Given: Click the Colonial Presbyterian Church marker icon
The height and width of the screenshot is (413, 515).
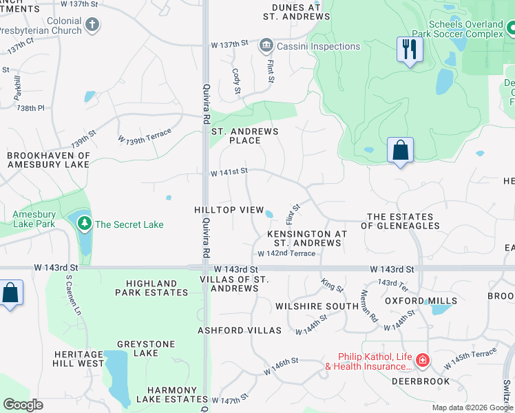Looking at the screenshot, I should click(92, 26).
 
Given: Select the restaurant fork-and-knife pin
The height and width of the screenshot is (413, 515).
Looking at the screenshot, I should click(410, 50).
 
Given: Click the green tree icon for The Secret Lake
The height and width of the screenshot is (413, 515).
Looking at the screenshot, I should click(84, 224).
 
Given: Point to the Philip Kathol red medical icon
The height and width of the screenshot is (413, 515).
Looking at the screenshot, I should click(422, 360).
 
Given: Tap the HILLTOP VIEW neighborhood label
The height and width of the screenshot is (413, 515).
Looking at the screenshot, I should click(229, 209).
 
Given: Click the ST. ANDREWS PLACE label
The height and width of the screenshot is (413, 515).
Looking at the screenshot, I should click(244, 136).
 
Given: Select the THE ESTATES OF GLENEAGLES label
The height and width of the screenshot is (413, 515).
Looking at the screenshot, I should click(403, 221).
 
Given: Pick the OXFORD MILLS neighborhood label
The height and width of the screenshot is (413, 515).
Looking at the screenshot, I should click(421, 301).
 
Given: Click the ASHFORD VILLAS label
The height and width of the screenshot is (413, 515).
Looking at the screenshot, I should click(240, 330).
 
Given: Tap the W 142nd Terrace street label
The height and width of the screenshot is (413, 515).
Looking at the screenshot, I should click(286, 253).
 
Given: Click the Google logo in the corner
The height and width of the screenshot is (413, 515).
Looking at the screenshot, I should click(23, 405).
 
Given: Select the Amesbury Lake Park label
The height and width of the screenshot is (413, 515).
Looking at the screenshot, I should click(34, 219).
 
